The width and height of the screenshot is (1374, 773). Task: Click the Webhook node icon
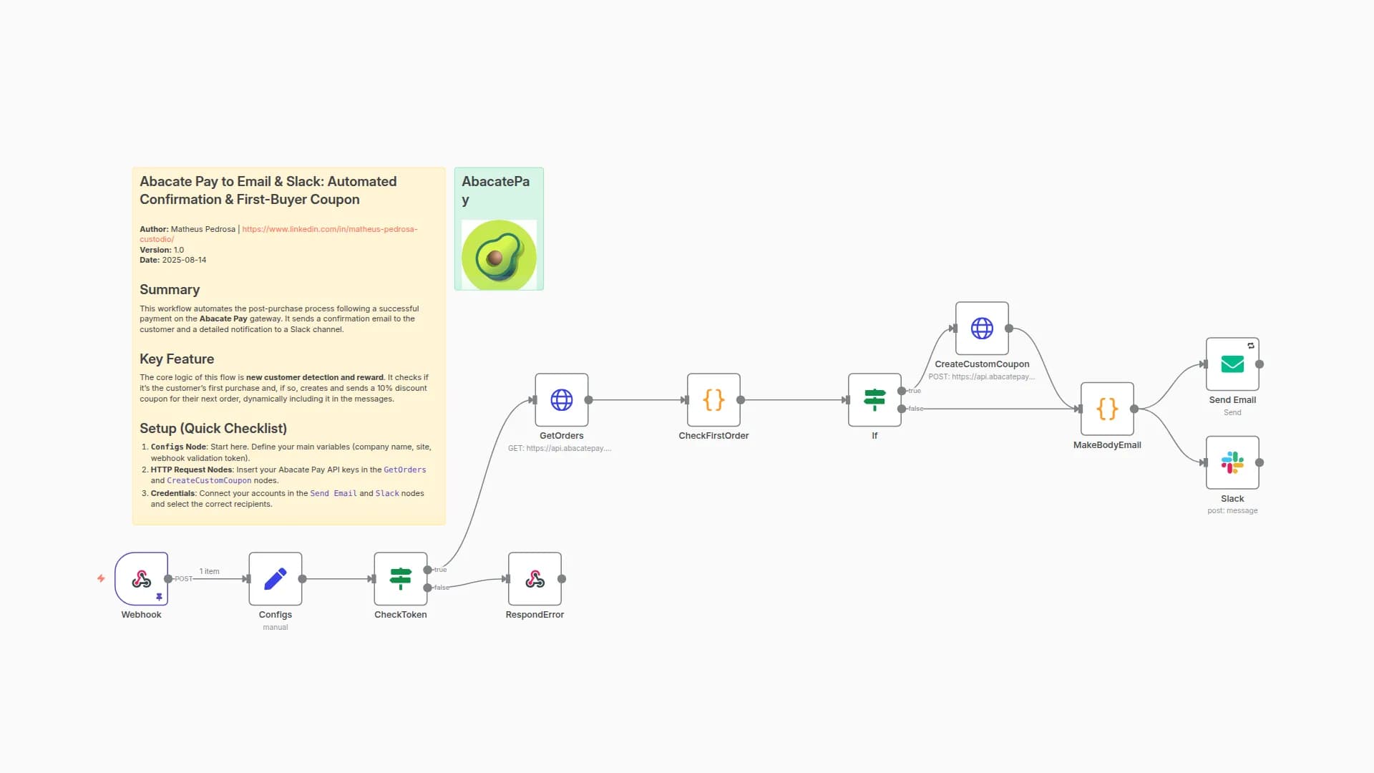pos(141,578)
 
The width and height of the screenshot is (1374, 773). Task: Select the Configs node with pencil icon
pos(276,578)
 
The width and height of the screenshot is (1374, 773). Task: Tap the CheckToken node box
pos(400,578)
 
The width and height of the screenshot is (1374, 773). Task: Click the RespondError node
pos(535,578)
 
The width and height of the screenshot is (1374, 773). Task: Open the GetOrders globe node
pos(561,399)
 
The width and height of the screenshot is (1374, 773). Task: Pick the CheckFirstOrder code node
pos(713,399)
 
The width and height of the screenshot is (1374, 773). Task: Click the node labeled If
pos(874,399)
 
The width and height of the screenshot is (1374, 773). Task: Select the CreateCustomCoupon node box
pos(982,328)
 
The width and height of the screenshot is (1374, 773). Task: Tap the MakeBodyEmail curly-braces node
pos(1107,409)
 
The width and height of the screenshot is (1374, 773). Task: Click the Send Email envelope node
pos(1232,364)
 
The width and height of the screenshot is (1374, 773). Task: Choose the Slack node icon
pos(1232,462)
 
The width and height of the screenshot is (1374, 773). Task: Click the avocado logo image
pos(499,255)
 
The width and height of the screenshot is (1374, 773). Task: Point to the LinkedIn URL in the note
pos(329,229)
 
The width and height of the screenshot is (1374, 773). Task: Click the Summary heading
pos(170,289)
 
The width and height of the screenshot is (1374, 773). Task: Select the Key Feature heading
pos(177,359)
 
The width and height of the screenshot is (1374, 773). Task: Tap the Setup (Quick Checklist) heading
pos(213,428)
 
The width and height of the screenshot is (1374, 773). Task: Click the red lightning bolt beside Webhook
pos(101,578)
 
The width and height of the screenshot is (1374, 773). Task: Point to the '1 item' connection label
pos(209,571)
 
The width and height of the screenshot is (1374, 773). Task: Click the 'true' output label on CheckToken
pos(440,570)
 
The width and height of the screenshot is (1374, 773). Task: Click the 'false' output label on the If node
pos(916,409)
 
